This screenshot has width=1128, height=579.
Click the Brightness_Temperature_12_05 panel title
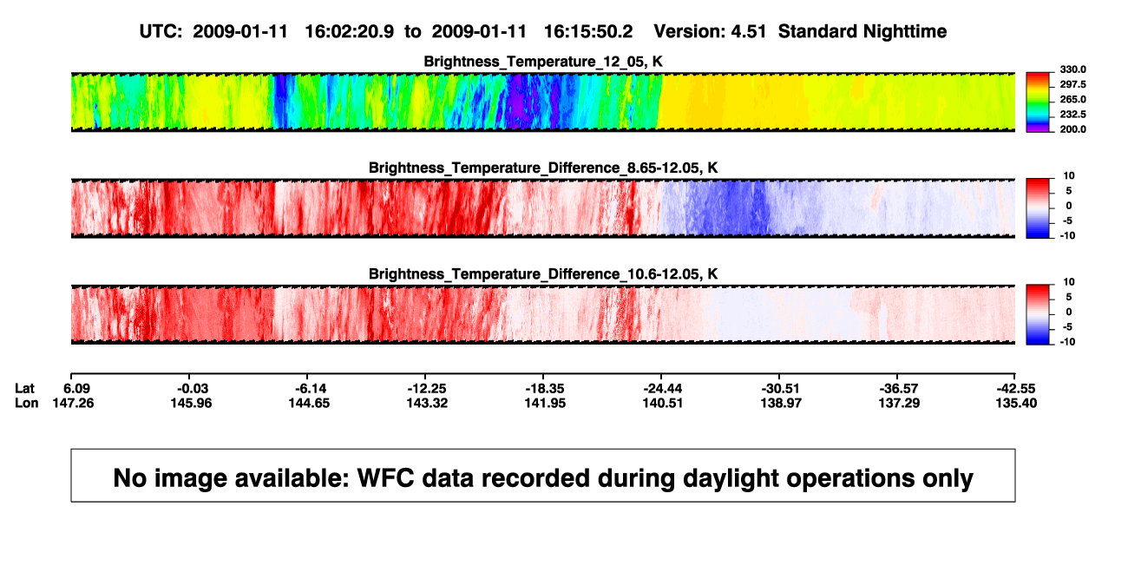(x=543, y=62)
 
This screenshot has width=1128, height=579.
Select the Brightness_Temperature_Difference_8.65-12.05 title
(x=543, y=168)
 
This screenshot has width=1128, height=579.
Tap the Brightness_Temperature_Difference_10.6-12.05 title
(x=543, y=274)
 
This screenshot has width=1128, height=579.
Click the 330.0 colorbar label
(x=1072, y=69)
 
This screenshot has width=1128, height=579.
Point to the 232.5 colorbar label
(x=1072, y=115)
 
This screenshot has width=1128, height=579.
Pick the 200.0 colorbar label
(x=1072, y=129)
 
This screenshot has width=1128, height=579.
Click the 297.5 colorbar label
(x=1072, y=85)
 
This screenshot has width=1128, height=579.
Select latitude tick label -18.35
(x=544, y=389)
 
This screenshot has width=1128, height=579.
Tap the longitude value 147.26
(x=73, y=403)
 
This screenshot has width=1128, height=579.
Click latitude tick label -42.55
(x=1016, y=389)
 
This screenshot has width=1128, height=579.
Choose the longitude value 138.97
(x=781, y=403)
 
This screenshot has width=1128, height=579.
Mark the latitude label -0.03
(x=193, y=389)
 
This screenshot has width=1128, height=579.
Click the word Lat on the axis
(x=24, y=389)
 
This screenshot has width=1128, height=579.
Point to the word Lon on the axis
(x=26, y=403)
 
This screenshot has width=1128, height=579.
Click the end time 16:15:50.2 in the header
(x=588, y=32)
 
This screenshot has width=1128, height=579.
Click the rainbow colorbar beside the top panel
(x=1038, y=102)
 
